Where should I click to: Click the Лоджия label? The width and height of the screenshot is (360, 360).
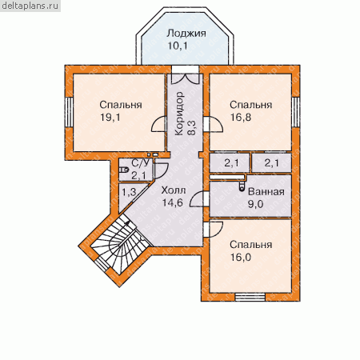pos(186,34)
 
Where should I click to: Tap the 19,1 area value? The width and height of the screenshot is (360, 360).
pos(110,118)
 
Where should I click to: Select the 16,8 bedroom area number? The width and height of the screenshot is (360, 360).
pos(241,118)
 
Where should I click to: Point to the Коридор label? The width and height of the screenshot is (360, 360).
pos(180,114)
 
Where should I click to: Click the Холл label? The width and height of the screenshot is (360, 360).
pos(174,190)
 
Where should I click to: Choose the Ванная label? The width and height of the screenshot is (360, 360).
pos(266,191)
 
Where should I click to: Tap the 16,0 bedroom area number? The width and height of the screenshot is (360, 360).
pos(241,258)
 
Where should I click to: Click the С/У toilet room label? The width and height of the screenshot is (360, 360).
pos(140,163)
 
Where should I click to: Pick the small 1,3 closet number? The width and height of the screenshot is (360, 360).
pos(129,192)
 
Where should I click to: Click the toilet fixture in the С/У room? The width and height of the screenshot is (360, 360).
pos(123,170)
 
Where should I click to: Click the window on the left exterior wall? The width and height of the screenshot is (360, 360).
pos(69,112)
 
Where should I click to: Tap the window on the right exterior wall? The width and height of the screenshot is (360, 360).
pos(295,112)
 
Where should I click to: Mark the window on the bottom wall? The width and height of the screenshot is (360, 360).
pos(250,297)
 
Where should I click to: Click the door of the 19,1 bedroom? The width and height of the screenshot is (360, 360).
pos(159,124)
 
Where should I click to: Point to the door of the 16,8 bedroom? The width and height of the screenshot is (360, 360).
pos(214,124)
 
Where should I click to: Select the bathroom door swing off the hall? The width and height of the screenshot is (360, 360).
pos(198,198)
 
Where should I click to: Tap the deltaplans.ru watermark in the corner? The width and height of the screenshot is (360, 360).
pos(30,6)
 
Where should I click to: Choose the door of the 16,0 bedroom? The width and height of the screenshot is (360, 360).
pos(214,230)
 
